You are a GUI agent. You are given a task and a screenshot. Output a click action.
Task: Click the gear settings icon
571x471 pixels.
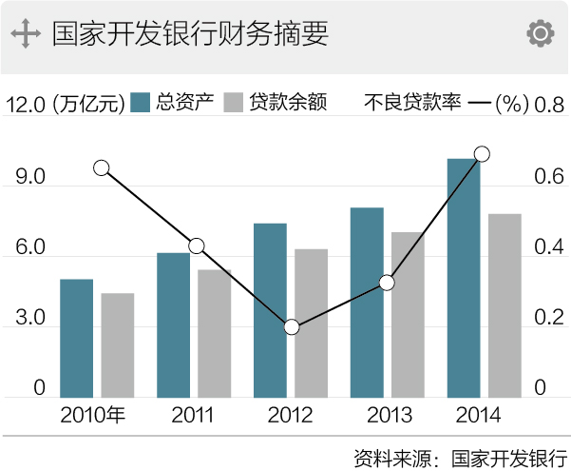pyautogui.click(x=540, y=34)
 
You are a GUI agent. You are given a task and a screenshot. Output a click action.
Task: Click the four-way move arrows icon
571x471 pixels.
pyautogui.click(x=25, y=34)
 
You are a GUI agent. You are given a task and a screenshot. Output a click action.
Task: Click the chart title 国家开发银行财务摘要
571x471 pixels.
pyautogui.click(x=190, y=34)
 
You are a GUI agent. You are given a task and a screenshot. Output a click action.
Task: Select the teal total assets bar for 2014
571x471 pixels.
pyautogui.click(x=463, y=277)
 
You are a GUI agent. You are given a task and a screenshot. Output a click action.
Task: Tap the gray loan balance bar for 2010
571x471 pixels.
pyautogui.click(x=118, y=344)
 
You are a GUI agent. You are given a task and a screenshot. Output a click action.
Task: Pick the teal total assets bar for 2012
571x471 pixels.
pyautogui.click(x=270, y=309)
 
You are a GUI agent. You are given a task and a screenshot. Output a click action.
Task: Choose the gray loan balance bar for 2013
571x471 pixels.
pyautogui.click(x=408, y=314)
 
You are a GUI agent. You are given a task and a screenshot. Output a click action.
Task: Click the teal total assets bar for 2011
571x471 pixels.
pyautogui.click(x=174, y=324)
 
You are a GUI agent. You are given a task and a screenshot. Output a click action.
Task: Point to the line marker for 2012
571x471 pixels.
pyautogui.click(x=292, y=327)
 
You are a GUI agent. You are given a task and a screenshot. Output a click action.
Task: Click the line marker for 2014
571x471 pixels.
pyautogui.click(x=482, y=154)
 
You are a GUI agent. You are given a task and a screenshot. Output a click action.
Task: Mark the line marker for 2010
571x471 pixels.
pyautogui.click(x=102, y=168)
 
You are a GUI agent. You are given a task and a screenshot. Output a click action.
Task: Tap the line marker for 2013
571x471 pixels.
pyautogui.click(x=387, y=283)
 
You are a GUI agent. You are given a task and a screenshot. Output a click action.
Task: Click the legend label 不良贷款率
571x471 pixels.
pyautogui.click(x=412, y=103)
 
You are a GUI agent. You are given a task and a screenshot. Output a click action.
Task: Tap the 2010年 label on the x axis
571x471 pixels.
pyautogui.click(x=92, y=415)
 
